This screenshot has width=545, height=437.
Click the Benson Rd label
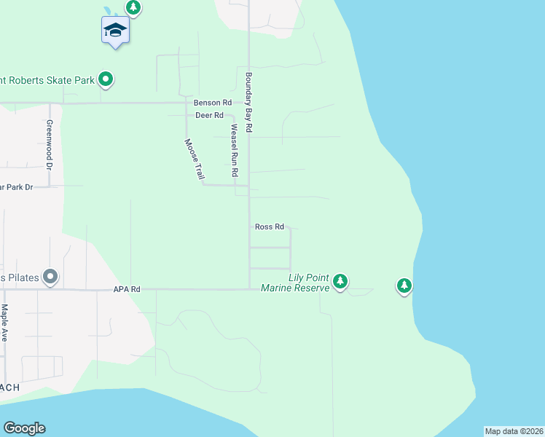pyautogui.click(x=212, y=103)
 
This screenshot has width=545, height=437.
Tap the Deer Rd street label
pyautogui.click(x=209, y=115)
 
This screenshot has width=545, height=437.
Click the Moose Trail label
pyautogui.click(x=194, y=159)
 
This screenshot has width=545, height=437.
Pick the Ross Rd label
pyautogui.click(x=270, y=227)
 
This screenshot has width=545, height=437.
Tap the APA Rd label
pyautogui.click(x=126, y=289)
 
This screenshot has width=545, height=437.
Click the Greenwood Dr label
pyautogui.click(x=50, y=145)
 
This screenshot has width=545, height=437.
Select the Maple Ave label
pyautogui.click(x=4, y=323)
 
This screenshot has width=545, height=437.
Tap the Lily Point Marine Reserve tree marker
pyautogui.click(x=340, y=281)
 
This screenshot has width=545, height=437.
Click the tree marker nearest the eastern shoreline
pyautogui.click(x=404, y=286)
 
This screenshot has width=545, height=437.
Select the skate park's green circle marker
pyautogui.click(x=106, y=79)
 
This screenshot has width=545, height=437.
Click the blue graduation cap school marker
pyautogui.click(x=115, y=31)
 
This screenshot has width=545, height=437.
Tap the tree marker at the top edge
pyautogui.click(x=133, y=8)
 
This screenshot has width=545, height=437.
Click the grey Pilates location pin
pyautogui.click(x=50, y=276)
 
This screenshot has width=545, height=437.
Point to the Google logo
pyautogui.click(x=24, y=428)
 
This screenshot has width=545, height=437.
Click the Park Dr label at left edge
pyautogui.click(x=16, y=187)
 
